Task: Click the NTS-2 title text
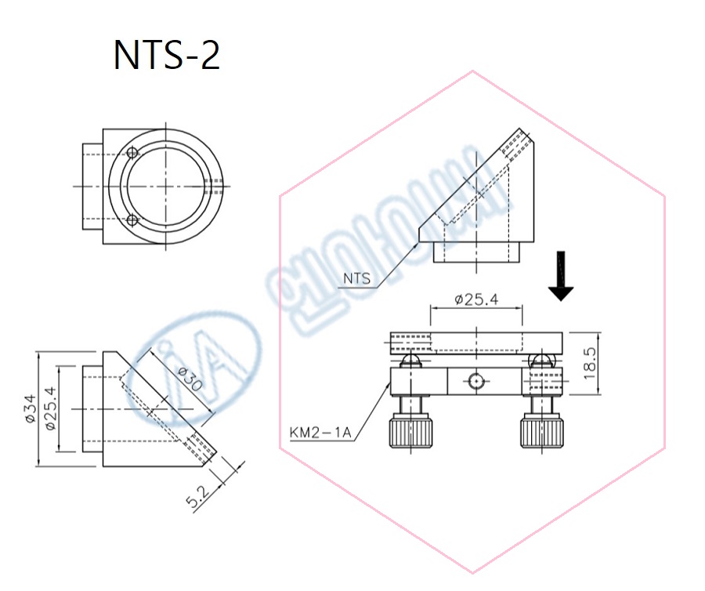(x=167, y=56)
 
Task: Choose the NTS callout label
(x=357, y=278)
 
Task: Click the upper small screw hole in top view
(x=132, y=153)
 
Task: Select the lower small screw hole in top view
(x=132, y=220)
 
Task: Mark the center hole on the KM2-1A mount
(x=476, y=382)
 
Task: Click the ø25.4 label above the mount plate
(x=475, y=299)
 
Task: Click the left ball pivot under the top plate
(x=410, y=360)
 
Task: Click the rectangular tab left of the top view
(x=93, y=186)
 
